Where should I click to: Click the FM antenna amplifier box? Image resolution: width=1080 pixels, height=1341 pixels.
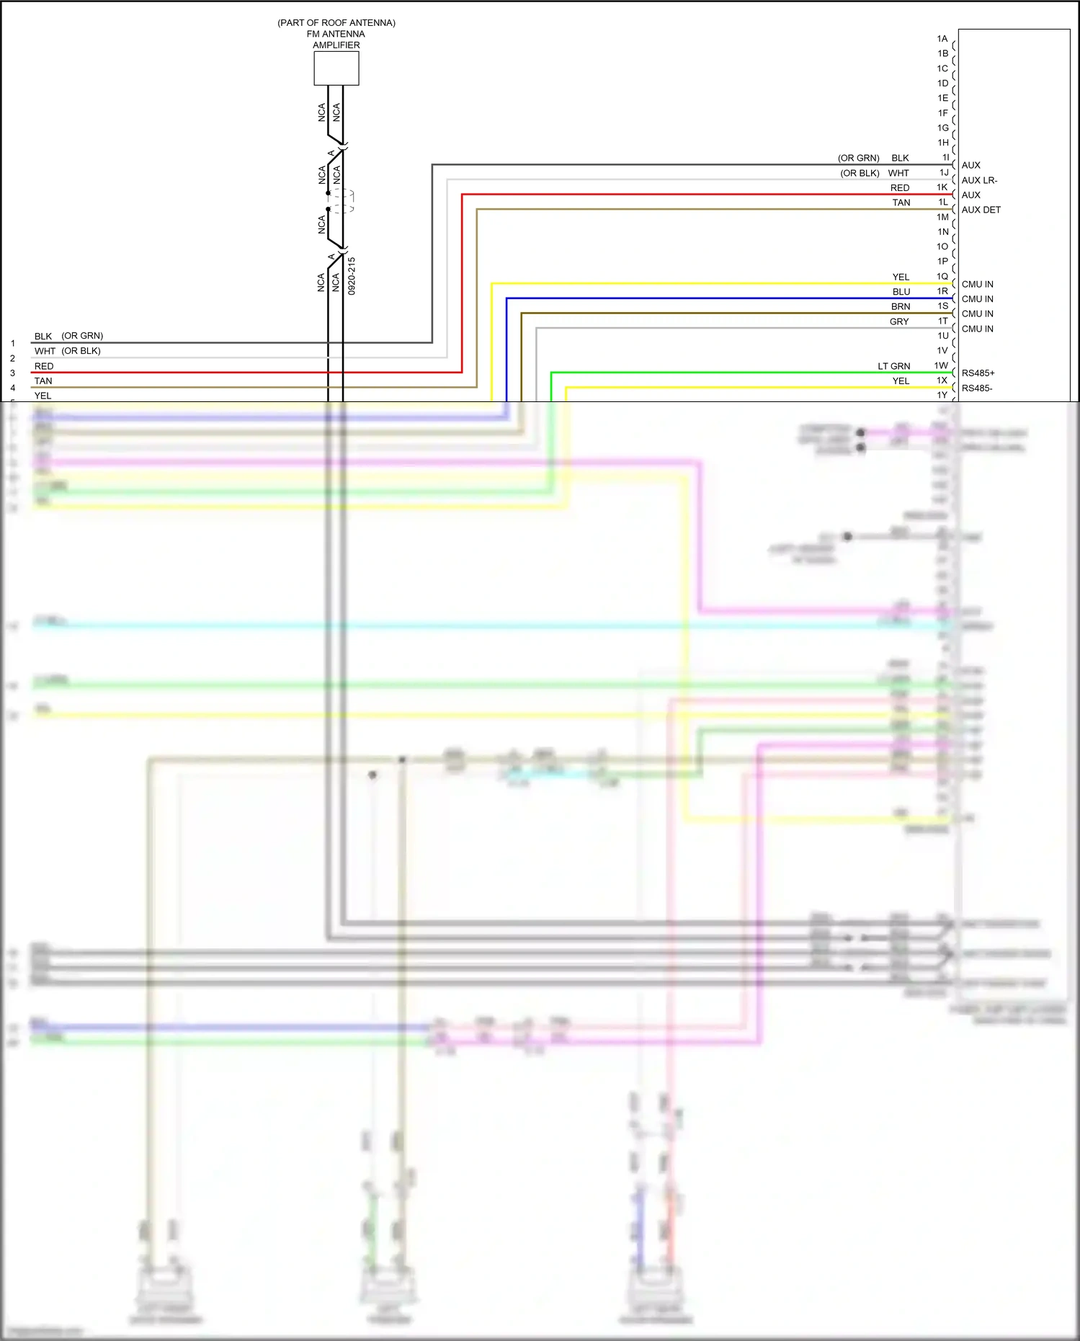point(336,68)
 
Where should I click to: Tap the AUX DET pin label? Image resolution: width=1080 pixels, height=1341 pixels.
point(981,210)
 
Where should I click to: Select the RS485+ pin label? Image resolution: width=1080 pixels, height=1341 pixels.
point(978,373)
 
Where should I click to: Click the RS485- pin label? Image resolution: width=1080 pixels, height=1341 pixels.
point(976,388)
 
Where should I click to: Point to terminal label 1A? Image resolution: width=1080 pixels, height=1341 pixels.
point(942,39)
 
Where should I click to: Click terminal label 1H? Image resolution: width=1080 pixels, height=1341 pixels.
point(942,143)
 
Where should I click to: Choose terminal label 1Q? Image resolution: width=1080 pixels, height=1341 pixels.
point(942,277)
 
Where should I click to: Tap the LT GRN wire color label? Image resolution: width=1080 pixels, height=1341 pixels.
point(893,366)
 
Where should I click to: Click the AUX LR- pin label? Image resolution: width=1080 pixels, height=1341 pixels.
point(979,180)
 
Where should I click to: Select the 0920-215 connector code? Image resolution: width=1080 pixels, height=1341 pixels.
point(352,276)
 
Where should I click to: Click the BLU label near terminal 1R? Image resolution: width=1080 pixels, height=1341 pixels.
point(901,292)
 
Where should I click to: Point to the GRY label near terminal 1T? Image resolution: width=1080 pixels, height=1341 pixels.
point(899,321)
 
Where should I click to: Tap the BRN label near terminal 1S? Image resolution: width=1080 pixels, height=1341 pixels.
point(901,306)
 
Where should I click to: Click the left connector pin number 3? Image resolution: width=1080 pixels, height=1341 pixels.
point(12,373)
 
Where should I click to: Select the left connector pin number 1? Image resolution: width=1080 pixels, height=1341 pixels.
point(12,344)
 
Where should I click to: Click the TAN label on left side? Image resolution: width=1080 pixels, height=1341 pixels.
point(43,381)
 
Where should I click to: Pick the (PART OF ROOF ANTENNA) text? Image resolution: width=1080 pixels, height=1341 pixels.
point(336,23)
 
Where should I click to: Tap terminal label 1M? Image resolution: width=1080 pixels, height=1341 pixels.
point(942,217)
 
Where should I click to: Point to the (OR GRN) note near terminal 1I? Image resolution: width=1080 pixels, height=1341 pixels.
point(858,158)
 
